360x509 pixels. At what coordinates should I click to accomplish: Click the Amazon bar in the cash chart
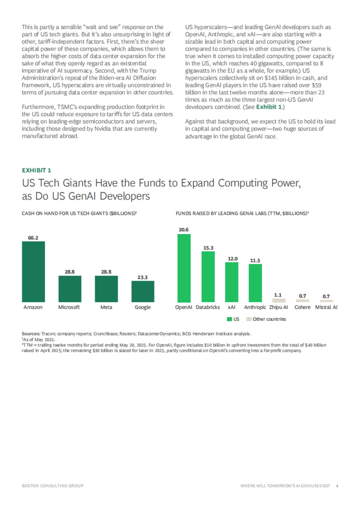click(33, 272)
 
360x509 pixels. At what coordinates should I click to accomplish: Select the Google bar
click(143, 291)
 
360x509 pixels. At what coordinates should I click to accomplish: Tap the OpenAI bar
click(184, 268)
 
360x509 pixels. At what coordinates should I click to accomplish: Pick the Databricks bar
click(208, 277)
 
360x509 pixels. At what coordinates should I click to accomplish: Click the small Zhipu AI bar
click(279, 300)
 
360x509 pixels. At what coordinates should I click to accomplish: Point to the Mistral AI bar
click(326, 301)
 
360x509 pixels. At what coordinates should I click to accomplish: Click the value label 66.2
click(33, 238)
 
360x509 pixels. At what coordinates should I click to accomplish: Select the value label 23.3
click(142, 277)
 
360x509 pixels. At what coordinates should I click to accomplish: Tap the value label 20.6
click(184, 230)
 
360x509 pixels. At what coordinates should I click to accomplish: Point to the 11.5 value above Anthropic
click(255, 260)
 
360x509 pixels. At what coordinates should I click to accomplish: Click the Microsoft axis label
click(69, 307)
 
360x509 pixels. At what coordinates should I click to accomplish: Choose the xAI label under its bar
click(232, 307)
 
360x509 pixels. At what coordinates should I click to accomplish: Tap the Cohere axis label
click(302, 307)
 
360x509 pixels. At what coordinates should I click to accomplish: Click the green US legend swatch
click(229, 319)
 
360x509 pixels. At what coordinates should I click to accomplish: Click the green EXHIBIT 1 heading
click(37, 170)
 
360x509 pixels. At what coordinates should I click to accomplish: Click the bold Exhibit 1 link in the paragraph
click(269, 107)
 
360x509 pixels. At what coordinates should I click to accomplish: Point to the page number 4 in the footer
click(337, 486)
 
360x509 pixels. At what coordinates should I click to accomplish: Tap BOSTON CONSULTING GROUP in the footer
click(52, 486)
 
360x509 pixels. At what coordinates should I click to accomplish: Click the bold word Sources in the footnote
click(31, 334)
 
